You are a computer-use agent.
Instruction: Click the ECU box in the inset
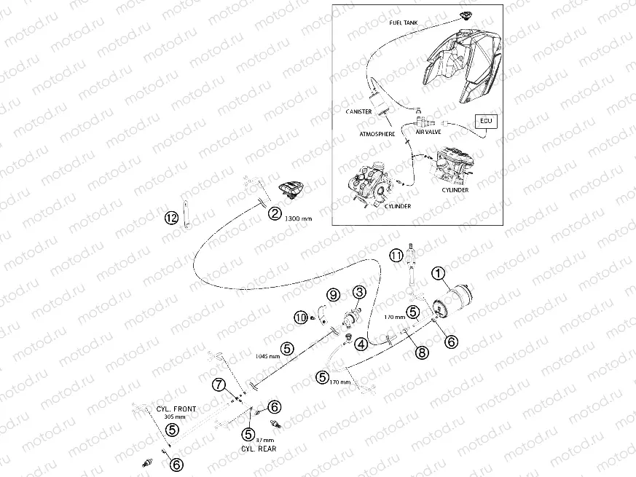486,121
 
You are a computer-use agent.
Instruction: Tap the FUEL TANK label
403,23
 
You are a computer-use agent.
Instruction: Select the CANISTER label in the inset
358,111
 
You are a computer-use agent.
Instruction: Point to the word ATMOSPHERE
377,134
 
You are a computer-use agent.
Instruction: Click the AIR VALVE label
428,132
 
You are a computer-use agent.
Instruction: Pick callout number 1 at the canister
438,275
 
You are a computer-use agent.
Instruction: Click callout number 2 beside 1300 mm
275,213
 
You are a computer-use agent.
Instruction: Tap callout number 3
359,291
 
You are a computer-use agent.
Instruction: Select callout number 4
361,344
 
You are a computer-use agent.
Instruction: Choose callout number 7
219,384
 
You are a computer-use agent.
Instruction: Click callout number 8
422,352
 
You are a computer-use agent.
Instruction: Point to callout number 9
334,295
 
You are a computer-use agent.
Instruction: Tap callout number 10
301,318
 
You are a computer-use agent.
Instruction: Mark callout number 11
397,256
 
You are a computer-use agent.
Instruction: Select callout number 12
171,218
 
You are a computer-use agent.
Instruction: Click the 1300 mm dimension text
299,218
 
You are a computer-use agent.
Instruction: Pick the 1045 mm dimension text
267,357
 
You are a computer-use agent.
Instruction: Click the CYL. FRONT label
176,409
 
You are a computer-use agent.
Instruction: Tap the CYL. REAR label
259,449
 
